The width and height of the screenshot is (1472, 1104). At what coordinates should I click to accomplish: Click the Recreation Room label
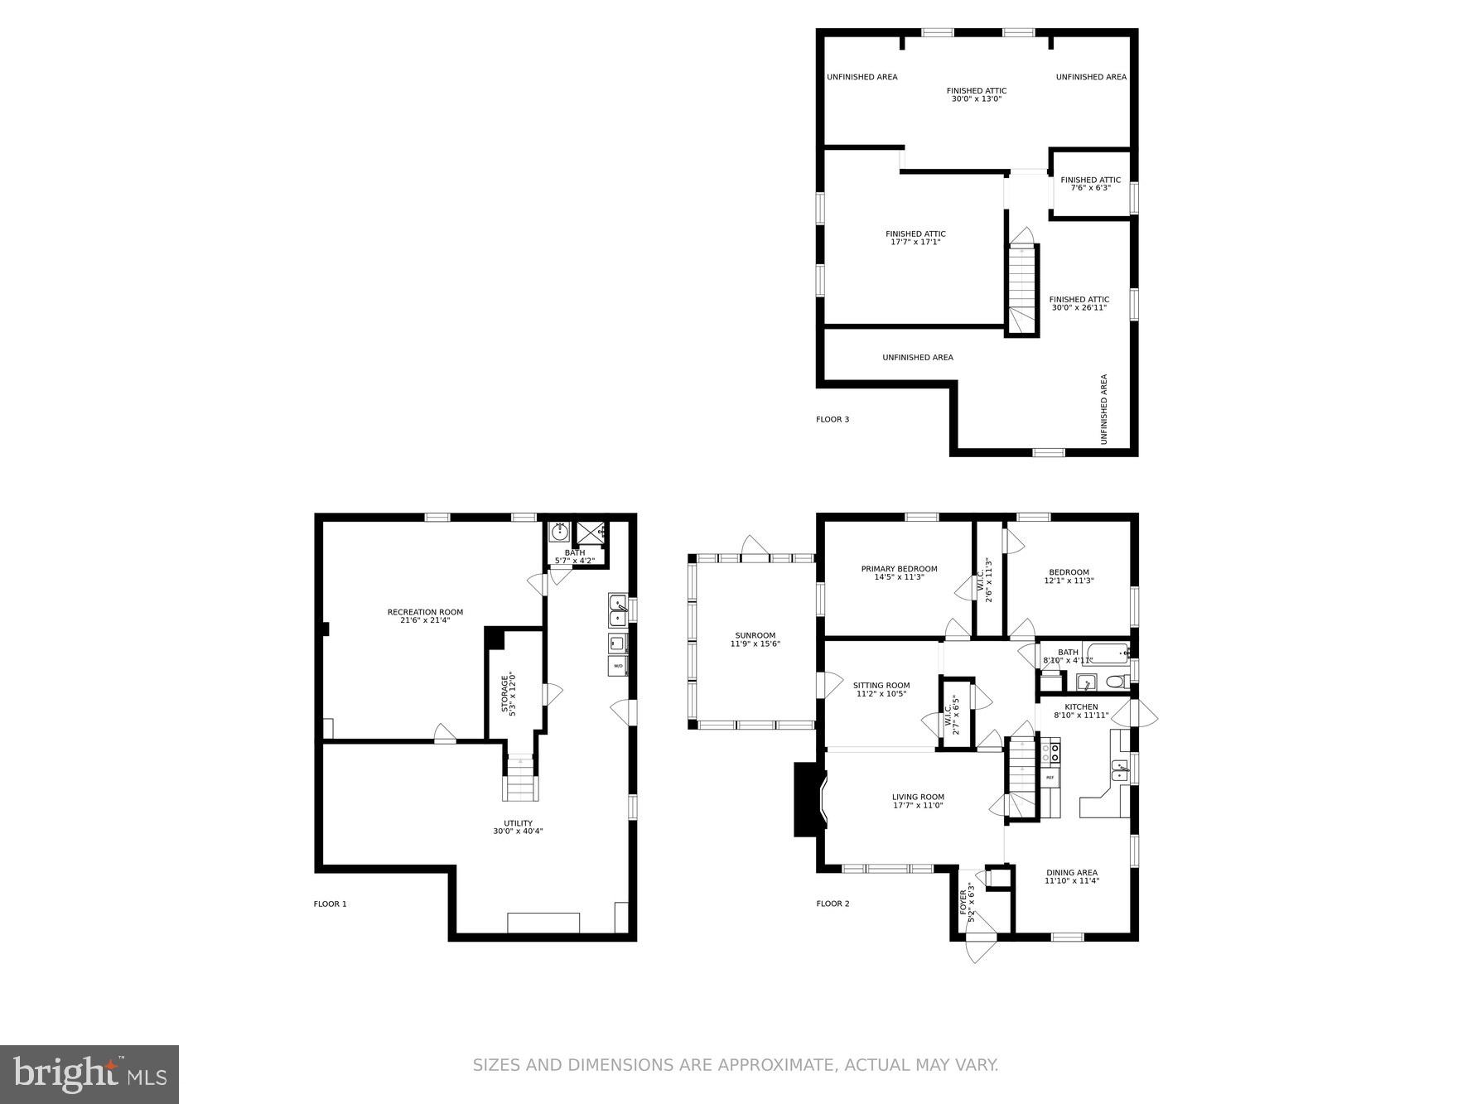[x=425, y=616]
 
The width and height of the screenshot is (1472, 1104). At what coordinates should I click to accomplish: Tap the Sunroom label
[x=755, y=639]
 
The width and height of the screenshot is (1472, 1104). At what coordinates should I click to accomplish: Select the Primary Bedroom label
[x=899, y=572]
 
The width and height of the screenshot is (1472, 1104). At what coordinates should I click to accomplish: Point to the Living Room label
[x=918, y=801]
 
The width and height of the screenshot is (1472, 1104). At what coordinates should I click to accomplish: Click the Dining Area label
[x=1071, y=876]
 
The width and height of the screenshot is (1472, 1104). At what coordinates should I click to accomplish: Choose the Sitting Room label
[x=881, y=689]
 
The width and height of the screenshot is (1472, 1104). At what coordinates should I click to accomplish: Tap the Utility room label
[x=518, y=827]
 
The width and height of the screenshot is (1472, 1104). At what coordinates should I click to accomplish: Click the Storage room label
[x=509, y=694]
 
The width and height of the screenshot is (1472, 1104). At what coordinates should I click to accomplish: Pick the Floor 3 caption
[x=832, y=419]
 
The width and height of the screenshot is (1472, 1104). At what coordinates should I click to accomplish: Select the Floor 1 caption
[x=330, y=904]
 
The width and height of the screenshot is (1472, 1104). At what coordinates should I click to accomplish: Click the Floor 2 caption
[x=833, y=904]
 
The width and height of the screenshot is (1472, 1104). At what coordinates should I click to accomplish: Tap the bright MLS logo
[x=89, y=1074]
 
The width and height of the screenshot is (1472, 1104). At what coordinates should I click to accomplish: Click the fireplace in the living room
[x=808, y=799]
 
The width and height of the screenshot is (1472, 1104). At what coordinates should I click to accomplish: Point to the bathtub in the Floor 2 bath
[x=1106, y=653]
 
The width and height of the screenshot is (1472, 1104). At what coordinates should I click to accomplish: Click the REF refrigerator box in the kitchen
[x=1050, y=778]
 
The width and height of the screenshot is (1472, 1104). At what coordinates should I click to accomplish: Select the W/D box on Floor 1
[x=618, y=665]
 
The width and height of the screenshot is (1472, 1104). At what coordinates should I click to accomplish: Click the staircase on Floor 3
[x=1022, y=290]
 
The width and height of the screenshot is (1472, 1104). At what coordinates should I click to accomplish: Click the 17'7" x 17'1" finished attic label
[x=915, y=238]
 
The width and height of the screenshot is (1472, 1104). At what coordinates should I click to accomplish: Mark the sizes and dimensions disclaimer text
[x=736, y=1064]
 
